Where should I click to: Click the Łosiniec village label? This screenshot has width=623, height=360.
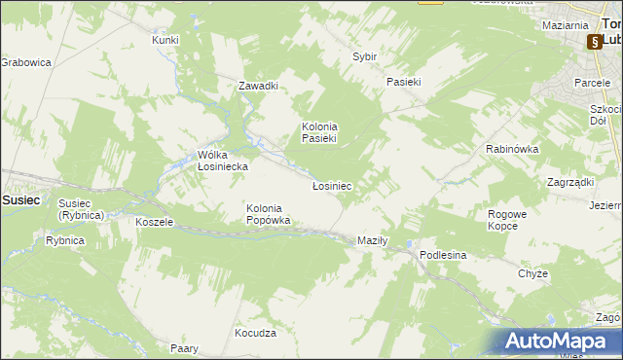331,185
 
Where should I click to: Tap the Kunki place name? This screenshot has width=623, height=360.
165,40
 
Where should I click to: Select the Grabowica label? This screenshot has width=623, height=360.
25,62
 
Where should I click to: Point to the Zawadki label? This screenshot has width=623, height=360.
259,86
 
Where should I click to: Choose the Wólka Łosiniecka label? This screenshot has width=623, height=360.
223,161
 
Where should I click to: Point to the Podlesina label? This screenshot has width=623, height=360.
444,255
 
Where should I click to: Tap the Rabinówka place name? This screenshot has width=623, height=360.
512,149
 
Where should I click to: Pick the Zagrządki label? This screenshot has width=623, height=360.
570,182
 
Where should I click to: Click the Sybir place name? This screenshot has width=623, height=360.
364,57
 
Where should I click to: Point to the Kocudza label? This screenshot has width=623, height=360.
255,333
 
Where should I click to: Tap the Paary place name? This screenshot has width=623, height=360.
184,348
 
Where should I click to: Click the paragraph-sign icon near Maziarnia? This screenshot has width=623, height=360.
593,43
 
